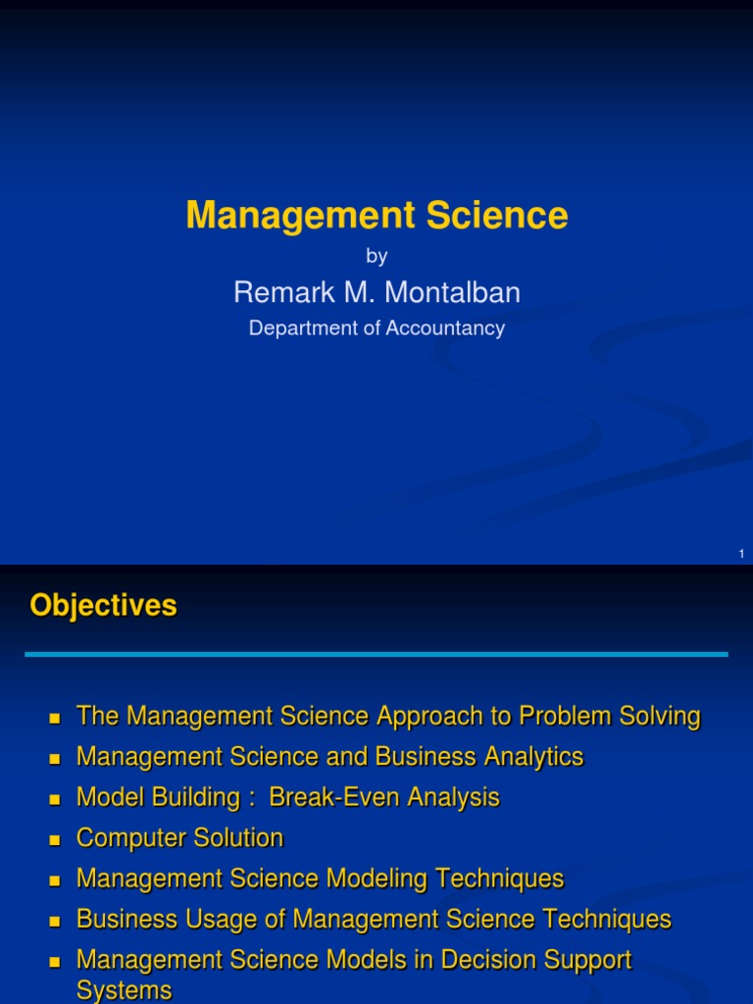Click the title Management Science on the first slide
(376, 215)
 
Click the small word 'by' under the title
(376, 257)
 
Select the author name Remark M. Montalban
(376, 292)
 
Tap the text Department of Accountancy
(376, 328)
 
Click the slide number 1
(741, 555)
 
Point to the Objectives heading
(103, 606)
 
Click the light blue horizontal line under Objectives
(376, 654)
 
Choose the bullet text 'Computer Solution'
(179, 838)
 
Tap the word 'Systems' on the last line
(124, 990)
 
